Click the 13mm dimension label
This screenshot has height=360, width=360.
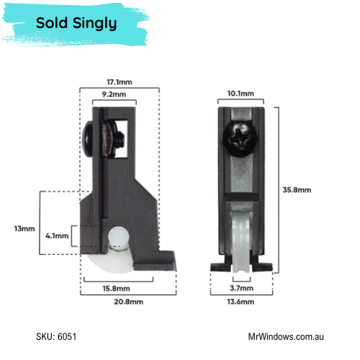[x=24, y=228]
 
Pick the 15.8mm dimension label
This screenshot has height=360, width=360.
[x=118, y=288]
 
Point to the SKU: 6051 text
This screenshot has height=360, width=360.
[x=56, y=336]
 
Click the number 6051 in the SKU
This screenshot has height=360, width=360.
[x=66, y=336]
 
